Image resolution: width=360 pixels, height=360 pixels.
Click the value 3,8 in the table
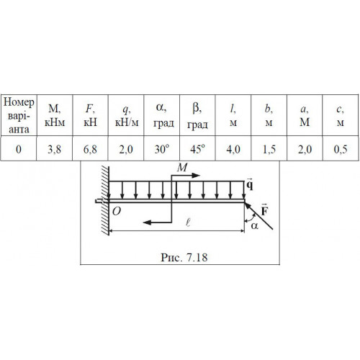pyautogui.click(x=54, y=149)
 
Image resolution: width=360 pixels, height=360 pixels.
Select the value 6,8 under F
pyautogui.click(x=90, y=149)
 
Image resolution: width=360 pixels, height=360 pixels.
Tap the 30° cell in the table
pyautogui.click(x=162, y=149)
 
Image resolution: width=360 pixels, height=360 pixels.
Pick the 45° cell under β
pyautogui.click(x=197, y=149)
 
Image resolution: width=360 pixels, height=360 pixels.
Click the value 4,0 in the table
pyautogui.click(x=233, y=149)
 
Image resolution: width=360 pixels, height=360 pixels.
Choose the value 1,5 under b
pyautogui.click(x=269, y=149)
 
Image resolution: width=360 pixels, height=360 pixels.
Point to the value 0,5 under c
pyautogui.click(x=341, y=149)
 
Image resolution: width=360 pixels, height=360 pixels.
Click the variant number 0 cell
pyautogui.click(x=19, y=149)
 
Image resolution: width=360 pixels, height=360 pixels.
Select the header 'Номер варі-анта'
pyautogui.click(x=19, y=116)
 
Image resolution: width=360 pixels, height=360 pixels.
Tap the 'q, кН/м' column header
pyautogui.click(x=127, y=116)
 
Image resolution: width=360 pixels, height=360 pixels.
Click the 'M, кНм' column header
pyautogui.click(x=55, y=116)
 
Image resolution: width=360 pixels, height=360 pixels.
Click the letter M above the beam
pyautogui.click(x=182, y=167)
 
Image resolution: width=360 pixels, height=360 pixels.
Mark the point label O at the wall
pyautogui.click(x=117, y=211)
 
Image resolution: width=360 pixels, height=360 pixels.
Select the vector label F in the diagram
pyautogui.click(x=264, y=210)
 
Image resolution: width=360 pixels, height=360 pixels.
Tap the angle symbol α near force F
pyautogui.click(x=255, y=226)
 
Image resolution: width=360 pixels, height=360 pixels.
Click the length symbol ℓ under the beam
pyautogui.click(x=188, y=223)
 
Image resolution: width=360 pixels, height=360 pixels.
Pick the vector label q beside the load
pyautogui.click(x=250, y=184)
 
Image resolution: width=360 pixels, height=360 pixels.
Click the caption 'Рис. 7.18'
pyautogui.click(x=184, y=257)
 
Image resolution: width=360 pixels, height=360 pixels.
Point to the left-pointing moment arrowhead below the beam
pyautogui.click(x=147, y=222)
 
